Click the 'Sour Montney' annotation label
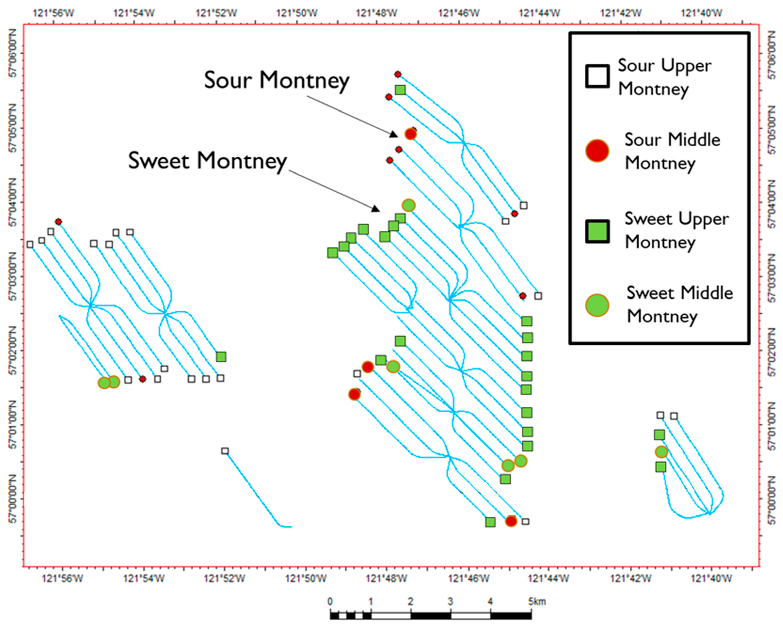coord(276,81)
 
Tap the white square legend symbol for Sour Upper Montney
coord(597,76)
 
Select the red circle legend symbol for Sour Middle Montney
coord(597,150)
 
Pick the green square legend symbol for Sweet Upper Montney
coord(597,231)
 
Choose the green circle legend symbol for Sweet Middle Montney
coord(597,305)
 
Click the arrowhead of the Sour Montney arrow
coord(394,134)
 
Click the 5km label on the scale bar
coord(537,601)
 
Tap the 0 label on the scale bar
coord(330,601)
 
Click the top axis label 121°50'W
coord(297,13)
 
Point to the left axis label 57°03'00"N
coord(12,276)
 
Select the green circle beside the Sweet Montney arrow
coord(409,205)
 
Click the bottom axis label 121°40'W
coord(712,578)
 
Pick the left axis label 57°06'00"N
coord(12,53)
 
